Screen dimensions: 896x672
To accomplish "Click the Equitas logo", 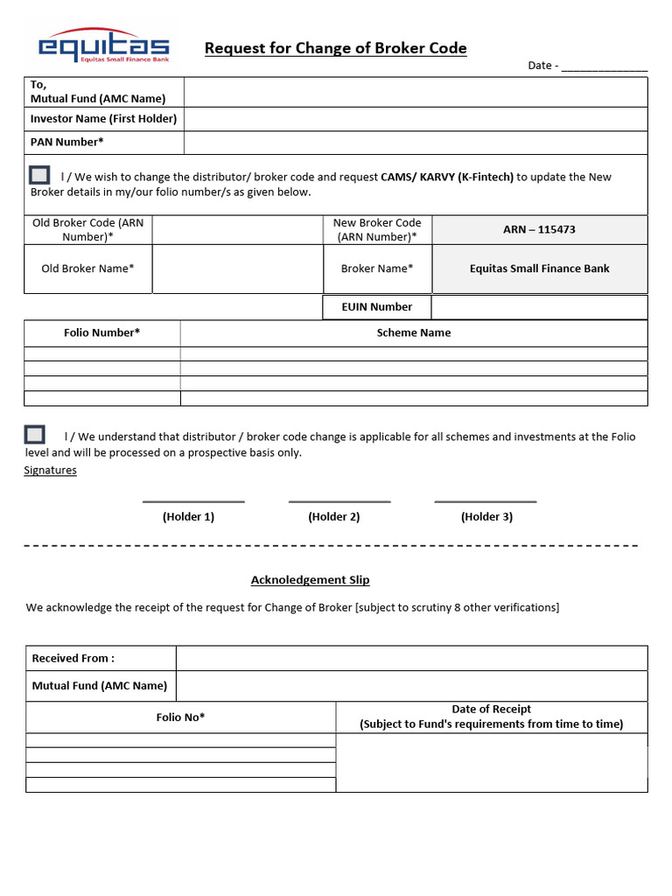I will click(x=102, y=45).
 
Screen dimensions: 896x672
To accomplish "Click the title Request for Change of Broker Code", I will click(x=335, y=48).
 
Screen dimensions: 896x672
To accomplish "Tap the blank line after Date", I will click(x=604, y=66).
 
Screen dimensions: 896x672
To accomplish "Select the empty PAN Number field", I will click(x=416, y=143).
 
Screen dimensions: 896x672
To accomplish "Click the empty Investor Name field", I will click(x=416, y=119).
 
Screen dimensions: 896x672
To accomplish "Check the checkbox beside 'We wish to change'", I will click(x=38, y=175).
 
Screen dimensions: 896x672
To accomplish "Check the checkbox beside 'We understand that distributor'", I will click(x=35, y=434).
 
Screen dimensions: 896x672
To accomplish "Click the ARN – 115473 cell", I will click(x=539, y=230).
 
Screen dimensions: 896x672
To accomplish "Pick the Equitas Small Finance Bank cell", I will click(x=539, y=269).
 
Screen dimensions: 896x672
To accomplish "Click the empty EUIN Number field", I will click(x=539, y=307).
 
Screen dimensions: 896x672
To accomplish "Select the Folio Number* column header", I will click(x=102, y=332).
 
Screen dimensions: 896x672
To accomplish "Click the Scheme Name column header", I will click(x=414, y=332).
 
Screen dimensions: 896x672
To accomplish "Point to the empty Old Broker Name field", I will click(x=237, y=269).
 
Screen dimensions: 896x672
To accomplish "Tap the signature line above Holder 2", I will click(x=339, y=501).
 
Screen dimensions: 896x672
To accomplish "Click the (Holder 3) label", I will click(x=486, y=517).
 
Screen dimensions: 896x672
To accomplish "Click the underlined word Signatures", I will click(x=50, y=471).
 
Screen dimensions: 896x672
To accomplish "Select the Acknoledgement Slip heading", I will click(x=310, y=580).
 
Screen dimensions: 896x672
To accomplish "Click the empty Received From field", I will click(x=411, y=659).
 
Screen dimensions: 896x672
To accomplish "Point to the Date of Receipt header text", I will click(x=491, y=710).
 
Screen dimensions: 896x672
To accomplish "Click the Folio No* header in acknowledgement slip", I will click(x=181, y=717).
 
